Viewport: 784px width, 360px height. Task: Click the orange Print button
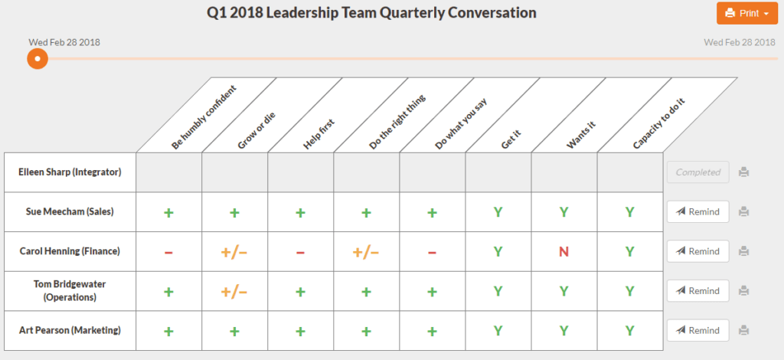coord(746,13)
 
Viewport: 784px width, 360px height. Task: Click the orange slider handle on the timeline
coord(38,58)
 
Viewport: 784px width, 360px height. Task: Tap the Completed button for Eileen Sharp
coord(697,172)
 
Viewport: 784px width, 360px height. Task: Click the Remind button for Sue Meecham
coord(697,211)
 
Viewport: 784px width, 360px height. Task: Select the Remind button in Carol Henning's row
coord(697,251)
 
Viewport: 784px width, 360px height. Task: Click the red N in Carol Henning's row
coord(563,251)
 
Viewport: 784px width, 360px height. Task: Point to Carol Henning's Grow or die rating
coord(234,251)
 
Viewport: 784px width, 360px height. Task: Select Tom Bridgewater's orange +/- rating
coord(234,291)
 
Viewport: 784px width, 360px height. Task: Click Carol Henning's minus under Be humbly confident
coord(168,251)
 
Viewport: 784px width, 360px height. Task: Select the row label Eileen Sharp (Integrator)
coord(70,172)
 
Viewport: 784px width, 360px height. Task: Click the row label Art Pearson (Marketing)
coord(70,330)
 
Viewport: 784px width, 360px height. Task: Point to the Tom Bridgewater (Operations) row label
coord(70,290)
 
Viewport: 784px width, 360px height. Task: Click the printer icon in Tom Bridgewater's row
coord(743,291)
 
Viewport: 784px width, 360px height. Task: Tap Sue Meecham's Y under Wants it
coord(563,212)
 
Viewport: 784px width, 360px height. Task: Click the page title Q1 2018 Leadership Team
coord(371,13)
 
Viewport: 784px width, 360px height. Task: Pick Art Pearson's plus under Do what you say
coord(432,331)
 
